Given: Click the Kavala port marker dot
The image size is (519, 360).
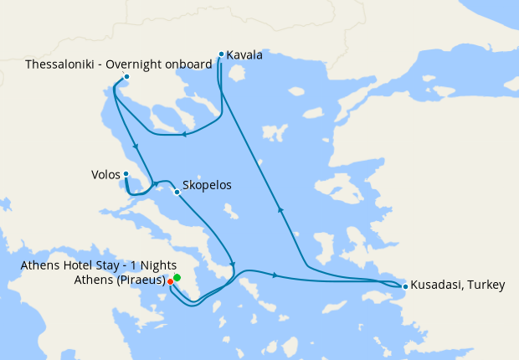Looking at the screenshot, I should point(221,54).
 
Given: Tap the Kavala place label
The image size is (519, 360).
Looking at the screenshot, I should point(244,55).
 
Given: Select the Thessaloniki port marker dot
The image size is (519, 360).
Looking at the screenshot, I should point(126,78).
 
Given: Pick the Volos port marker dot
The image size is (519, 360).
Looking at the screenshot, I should point(126,174).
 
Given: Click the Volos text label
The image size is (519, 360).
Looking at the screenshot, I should point(105,175).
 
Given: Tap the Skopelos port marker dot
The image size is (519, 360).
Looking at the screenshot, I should point(177,192).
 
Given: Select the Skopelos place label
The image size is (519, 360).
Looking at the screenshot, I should point(206,185).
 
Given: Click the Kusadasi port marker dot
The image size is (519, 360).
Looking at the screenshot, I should point(405,287).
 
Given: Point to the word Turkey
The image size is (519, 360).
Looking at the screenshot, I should point(486,285).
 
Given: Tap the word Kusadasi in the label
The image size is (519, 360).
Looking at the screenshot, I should point(437,285).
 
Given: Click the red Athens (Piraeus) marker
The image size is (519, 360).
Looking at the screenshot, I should point(171,282).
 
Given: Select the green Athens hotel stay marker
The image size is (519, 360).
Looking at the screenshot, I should point(177,277).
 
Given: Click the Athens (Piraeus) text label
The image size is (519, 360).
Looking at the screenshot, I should point(122,280).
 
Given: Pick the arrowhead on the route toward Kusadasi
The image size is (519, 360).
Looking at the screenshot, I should point(274,275).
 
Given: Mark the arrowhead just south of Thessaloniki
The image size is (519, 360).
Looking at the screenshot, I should point(134,147).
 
